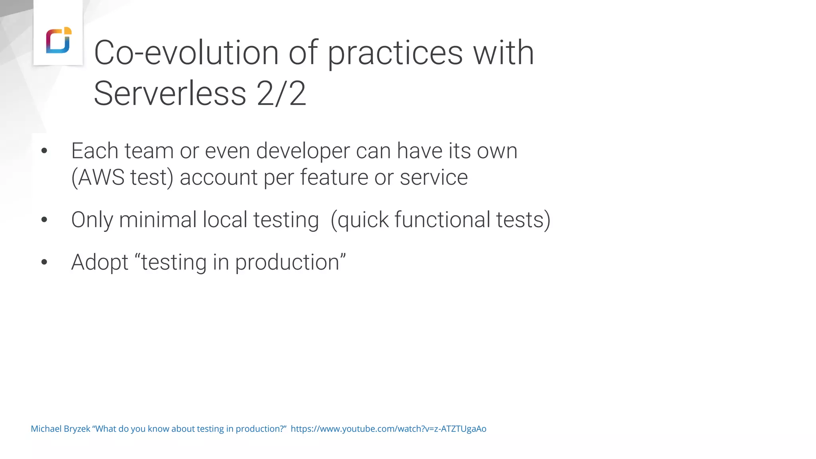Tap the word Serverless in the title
click(x=170, y=94)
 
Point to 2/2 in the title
click(x=282, y=94)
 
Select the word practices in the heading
click(x=395, y=54)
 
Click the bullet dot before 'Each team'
click(x=44, y=151)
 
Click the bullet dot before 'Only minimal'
click(x=44, y=220)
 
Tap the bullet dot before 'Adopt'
click(x=44, y=262)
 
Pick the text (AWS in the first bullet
click(x=98, y=177)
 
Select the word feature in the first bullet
click(x=334, y=177)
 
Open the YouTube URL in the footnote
click(x=388, y=429)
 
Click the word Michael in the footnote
click(x=46, y=429)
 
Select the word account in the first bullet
click(x=218, y=178)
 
